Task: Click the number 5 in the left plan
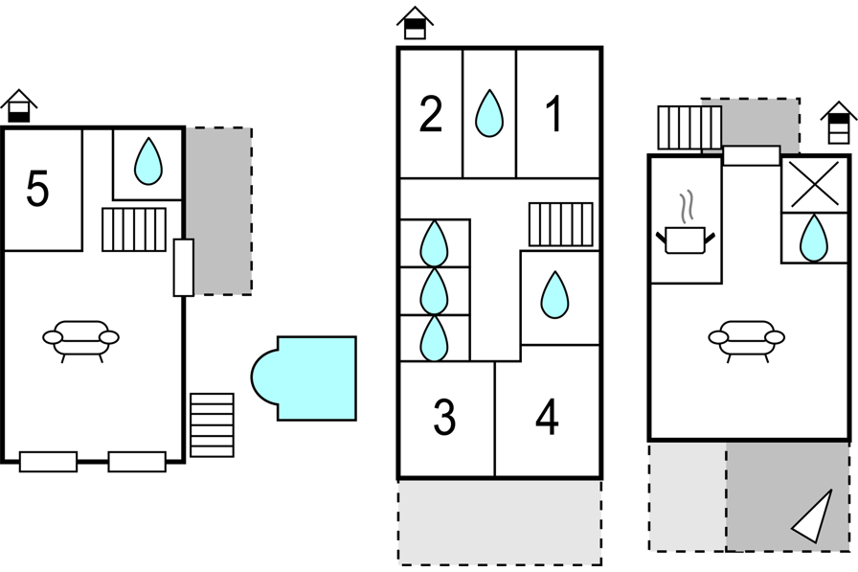(37, 189)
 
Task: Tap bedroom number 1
(554, 114)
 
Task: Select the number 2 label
(431, 114)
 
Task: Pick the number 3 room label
(444, 417)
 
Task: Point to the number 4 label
(547, 417)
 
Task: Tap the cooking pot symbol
(685, 237)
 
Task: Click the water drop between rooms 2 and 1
(489, 114)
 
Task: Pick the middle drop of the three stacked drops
(435, 290)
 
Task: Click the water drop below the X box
(814, 238)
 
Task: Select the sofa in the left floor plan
(81, 339)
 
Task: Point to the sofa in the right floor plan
(747, 339)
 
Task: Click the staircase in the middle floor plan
(560, 224)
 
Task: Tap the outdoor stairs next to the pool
(212, 424)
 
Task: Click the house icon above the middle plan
(415, 24)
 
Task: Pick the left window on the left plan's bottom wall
(49, 462)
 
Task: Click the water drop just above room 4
(554, 295)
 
